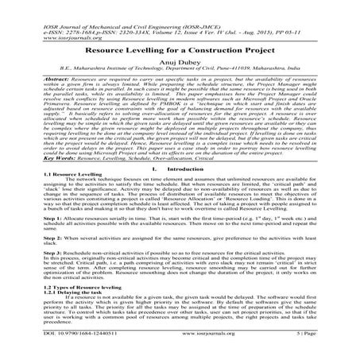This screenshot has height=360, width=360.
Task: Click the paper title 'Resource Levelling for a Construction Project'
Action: [180, 47]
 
